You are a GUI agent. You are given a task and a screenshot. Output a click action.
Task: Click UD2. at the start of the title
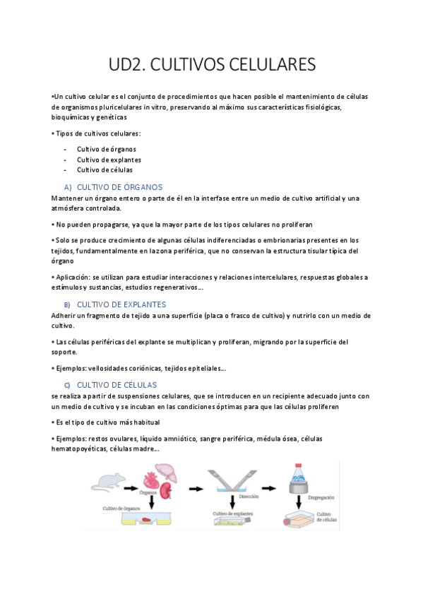pos(125,65)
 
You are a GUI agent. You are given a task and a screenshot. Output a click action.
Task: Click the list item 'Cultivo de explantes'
pos(109,160)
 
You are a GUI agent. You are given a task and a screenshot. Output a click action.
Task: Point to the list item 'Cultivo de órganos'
pos(107,149)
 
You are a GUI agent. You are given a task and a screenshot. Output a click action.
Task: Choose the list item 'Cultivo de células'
pos(105,170)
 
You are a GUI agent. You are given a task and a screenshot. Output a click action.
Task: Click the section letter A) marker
pos(68,187)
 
